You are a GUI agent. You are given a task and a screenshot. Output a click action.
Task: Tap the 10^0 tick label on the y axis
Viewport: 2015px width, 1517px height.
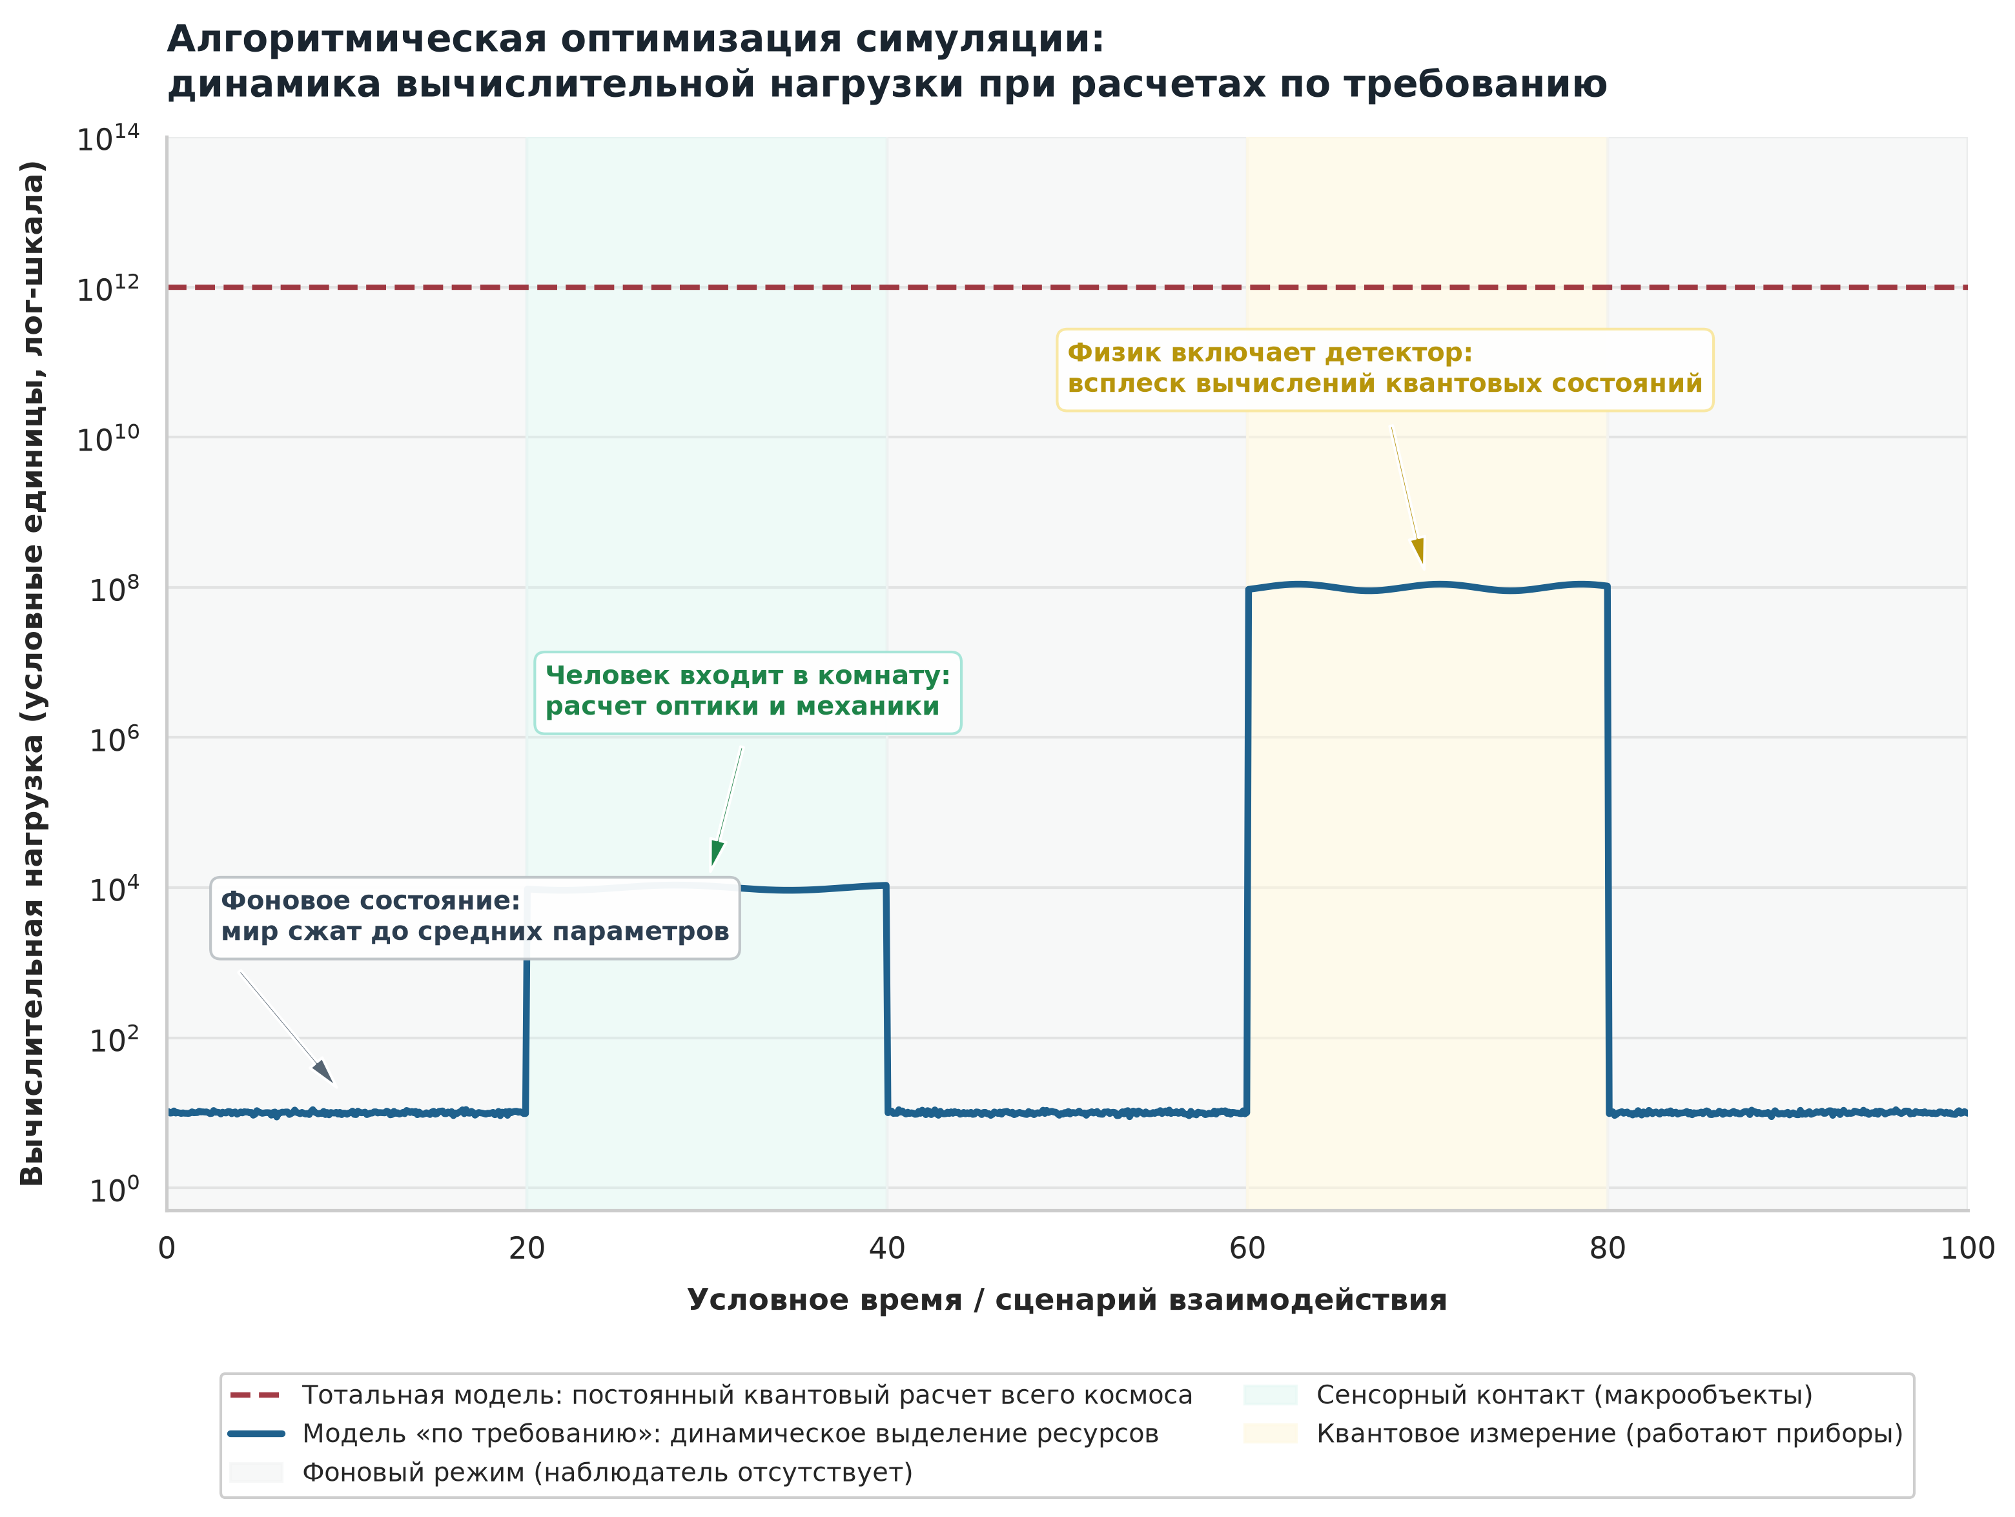(x=115, y=1189)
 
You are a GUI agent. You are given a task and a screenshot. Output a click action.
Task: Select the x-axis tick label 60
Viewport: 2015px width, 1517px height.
(x=1247, y=1248)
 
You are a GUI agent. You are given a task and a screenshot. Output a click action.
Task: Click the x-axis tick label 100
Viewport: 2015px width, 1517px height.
(x=1968, y=1248)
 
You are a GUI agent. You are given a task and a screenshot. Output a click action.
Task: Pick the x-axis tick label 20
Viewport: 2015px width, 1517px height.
(x=527, y=1248)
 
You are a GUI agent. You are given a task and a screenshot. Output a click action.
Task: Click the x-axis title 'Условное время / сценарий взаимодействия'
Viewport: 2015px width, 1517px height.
(x=1067, y=1300)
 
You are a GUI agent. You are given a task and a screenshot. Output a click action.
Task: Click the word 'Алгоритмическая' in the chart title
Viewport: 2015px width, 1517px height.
(x=357, y=39)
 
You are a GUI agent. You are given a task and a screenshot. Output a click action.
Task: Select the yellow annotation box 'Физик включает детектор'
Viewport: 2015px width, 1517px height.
(x=1385, y=370)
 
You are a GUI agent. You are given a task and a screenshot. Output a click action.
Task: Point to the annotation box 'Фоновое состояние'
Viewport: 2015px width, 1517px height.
(x=475, y=918)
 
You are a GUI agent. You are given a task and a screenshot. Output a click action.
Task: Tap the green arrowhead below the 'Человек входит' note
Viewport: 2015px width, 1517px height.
(x=716, y=854)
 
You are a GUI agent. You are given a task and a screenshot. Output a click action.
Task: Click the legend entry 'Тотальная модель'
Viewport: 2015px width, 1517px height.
(x=711, y=1395)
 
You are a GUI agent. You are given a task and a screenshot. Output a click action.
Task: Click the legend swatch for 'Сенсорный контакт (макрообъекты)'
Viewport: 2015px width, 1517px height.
(x=1270, y=1395)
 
